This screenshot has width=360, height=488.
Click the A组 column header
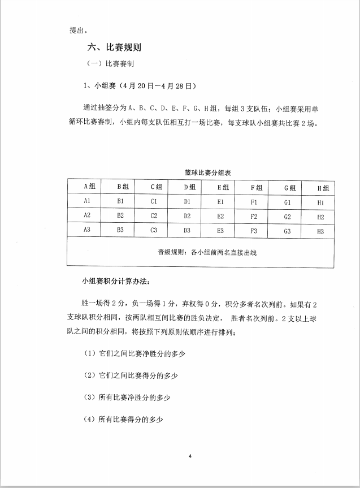pyautogui.click(x=89, y=187)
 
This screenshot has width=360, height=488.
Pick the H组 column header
pyautogui.click(x=322, y=188)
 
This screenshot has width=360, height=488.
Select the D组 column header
pyautogui.click(x=189, y=187)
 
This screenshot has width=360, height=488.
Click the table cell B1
pyautogui.click(x=120, y=201)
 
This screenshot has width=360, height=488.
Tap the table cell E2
pyautogui.click(x=220, y=216)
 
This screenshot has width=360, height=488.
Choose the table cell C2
pyautogui.click(x=154, y=216)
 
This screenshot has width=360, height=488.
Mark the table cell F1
pyautogui.click(x=254, y=202)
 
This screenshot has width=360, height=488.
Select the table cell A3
pyautogui.click(x=87, y=230)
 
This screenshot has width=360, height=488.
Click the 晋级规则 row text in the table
pyautogui.click(x=207, y=252)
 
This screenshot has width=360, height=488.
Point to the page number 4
pyautogui.click(x=190, y=456)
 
